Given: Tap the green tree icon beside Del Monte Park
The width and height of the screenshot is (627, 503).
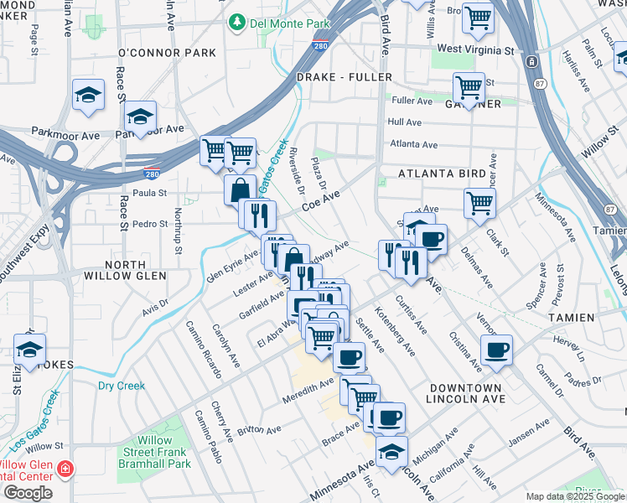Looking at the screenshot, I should click(238, 21).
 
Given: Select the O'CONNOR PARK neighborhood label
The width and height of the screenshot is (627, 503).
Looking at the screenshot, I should click(168, 53).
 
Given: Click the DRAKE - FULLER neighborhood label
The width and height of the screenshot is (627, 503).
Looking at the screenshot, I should click(345, 77).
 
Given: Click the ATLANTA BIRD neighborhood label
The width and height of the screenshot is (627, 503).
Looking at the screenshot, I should click(442, 174).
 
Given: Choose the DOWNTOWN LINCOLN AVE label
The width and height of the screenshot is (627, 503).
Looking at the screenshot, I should click(467, 394).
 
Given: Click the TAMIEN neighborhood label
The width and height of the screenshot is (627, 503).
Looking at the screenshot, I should click(572, 318).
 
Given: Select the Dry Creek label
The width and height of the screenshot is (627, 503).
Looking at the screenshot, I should click(122, 386).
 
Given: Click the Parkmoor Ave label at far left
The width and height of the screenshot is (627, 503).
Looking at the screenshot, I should click(65, 134).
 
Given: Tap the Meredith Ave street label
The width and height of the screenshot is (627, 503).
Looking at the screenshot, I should click(313, 386).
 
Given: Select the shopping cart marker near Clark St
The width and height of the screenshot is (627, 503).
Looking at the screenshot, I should click(479, 201).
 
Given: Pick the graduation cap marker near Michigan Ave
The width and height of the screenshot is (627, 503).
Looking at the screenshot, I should click(391, 451).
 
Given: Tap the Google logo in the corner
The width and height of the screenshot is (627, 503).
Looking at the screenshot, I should click(28, 493).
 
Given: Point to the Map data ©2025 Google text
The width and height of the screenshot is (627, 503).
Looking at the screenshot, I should click(574, 496).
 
